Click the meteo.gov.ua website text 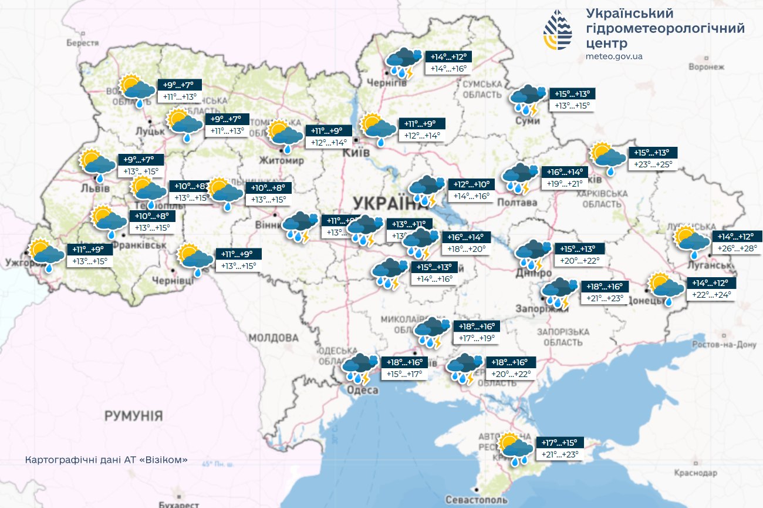coord(614,56)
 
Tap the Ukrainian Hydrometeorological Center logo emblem coord(558,31)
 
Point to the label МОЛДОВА coord(274,338)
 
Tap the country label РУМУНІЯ coord(133,416)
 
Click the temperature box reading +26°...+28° coord(737,249)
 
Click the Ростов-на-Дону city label coord(724,345)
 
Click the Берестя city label coord(83,43)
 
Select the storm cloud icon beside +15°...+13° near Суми coord(526,99)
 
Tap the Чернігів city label coord(386,83)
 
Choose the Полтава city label coord(517,203)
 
